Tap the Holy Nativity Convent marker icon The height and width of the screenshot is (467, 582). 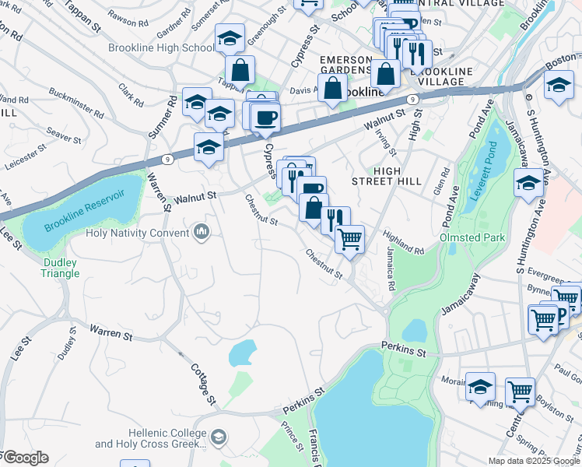pyautogui.click(x=202, y=232)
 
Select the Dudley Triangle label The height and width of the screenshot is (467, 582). pyautogui.click(x=60, y=268)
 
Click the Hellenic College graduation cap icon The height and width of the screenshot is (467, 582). pyautogui.click(x=219, y=437)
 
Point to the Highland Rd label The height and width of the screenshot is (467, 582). pyautogui.click(x=404, y=245)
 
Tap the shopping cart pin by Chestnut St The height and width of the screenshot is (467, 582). pyautogui.click(x=350, y=238)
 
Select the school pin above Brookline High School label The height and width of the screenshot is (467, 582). pyautogui.click(x=230, y=39)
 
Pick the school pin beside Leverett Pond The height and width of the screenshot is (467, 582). pyautogui.click(x=528, y=183)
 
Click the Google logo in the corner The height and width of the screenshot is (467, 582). pyautogui.click(x=25, y=458)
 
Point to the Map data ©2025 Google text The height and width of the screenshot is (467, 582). pyautogui.click(x=534, y=461)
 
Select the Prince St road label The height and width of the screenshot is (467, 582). pyautogui.click(x=293, y=436)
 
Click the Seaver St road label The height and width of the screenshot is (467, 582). pyautogui.click(x=65, y=135)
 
